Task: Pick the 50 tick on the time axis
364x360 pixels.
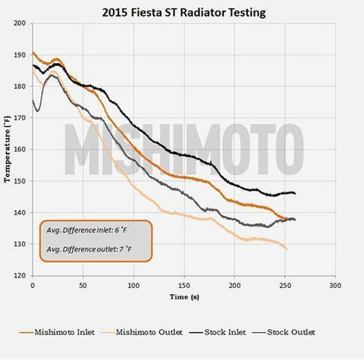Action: click(83, 286)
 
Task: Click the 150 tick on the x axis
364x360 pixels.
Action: click(184, 286)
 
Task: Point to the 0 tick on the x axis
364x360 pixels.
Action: click(33, 286)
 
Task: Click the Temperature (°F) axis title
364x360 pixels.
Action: click(7, 149)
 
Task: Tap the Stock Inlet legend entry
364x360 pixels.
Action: click(227, 332)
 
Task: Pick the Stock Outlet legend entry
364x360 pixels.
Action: click(290, 332)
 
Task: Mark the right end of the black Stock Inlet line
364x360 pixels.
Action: click(295, 194)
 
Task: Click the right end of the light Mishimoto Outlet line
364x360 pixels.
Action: click(287, 249)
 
